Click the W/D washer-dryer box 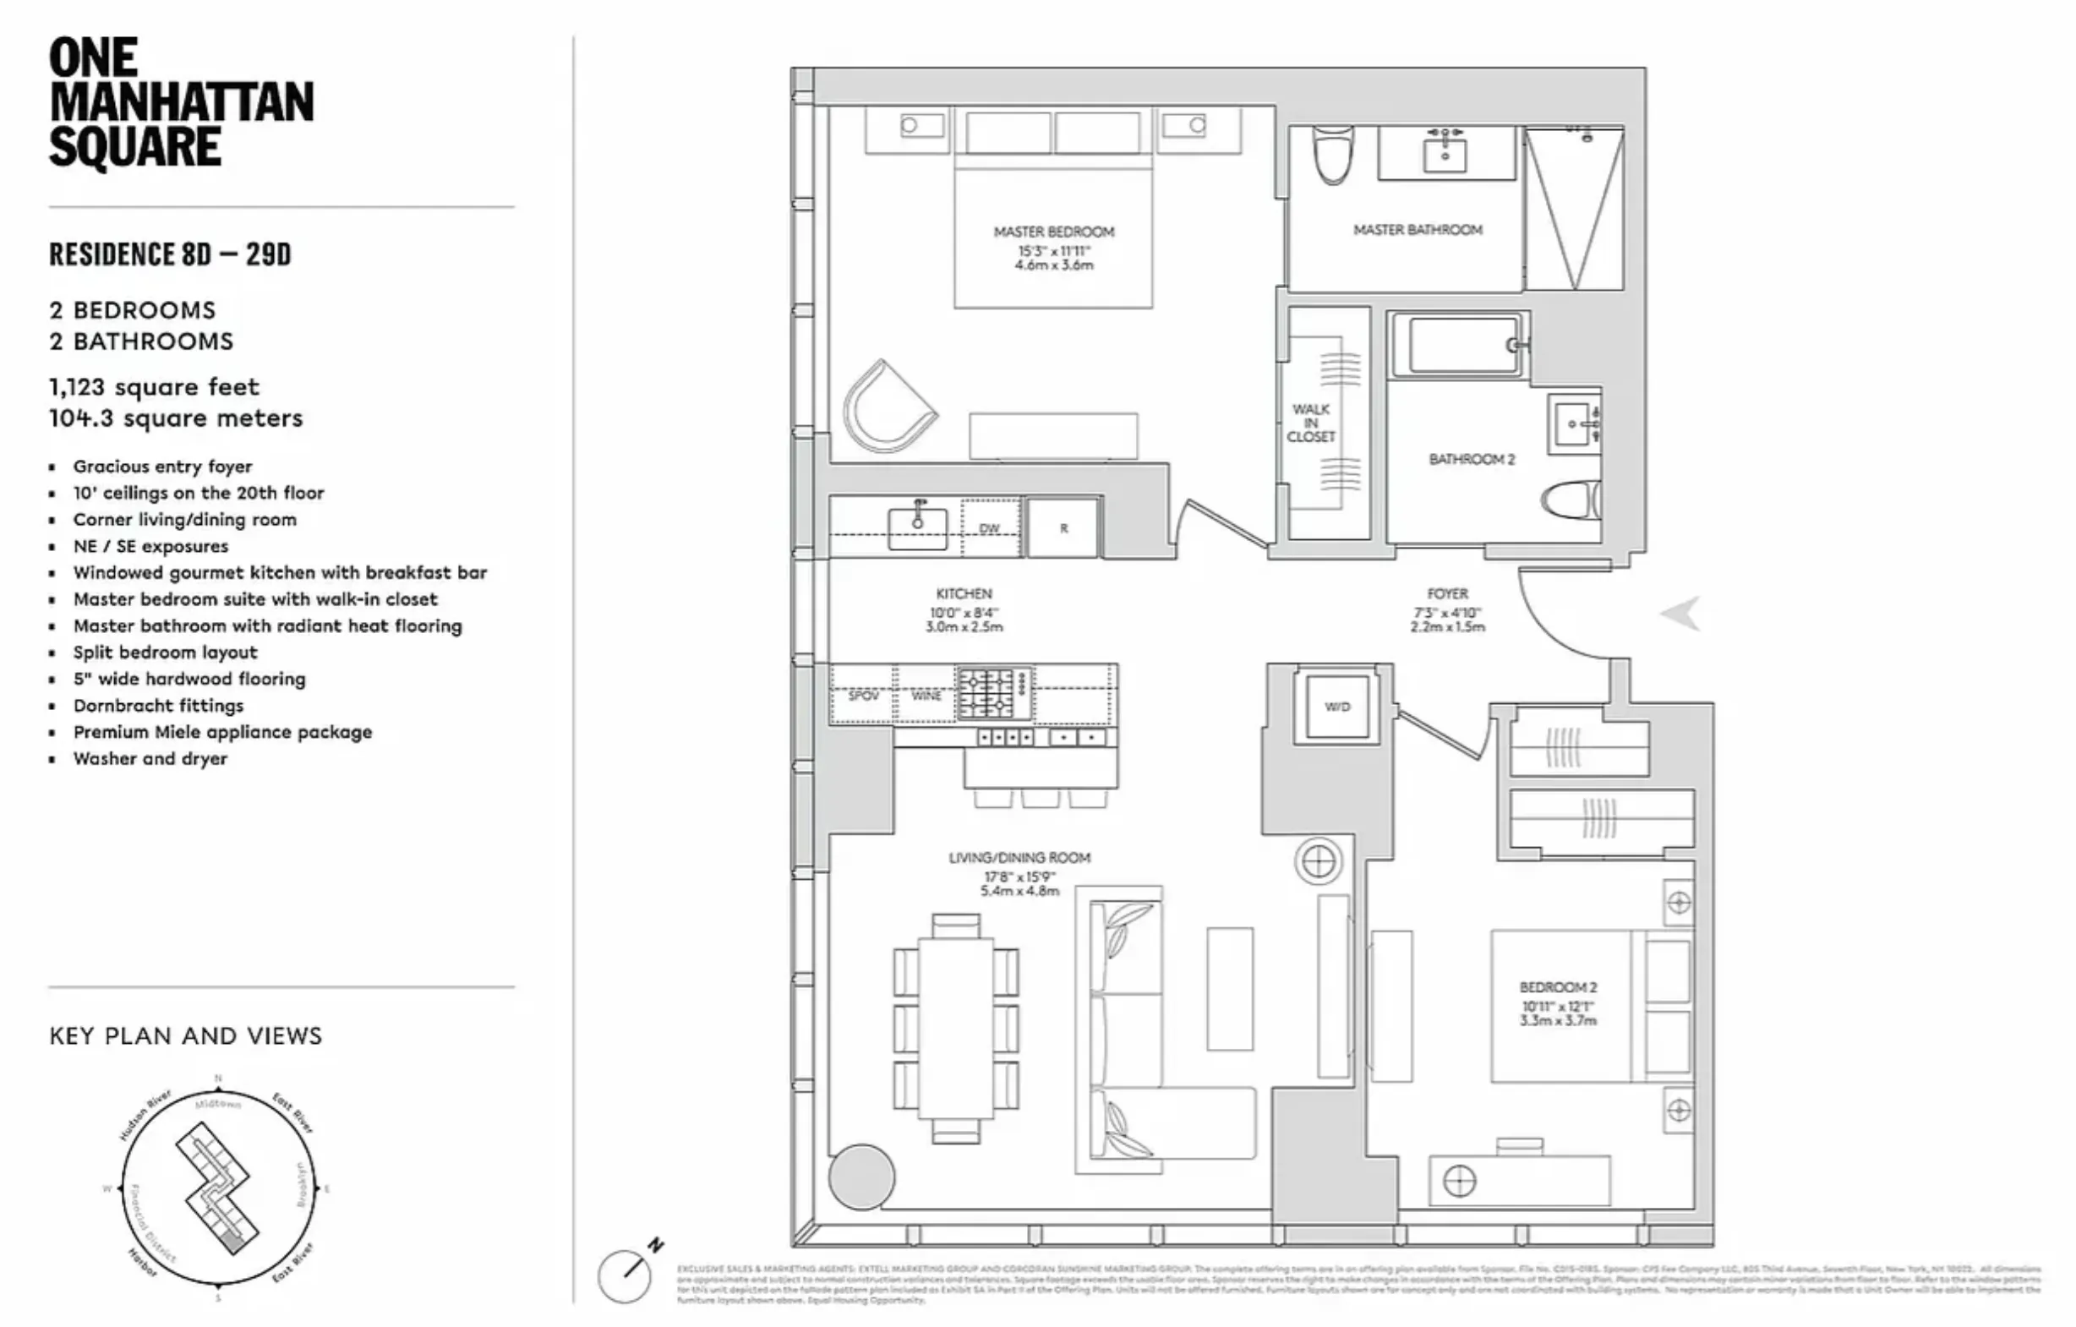tap(1337, 707)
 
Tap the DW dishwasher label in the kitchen tap(990, 528)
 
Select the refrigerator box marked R tap(1064, 527)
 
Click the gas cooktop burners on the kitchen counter tap(994, 693)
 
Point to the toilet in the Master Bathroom tap(1333, 155)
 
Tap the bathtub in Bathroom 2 tap(1464, 345)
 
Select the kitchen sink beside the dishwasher tap(918, 527)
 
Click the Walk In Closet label tap(1310, 423)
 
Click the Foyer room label tap(1447, 594)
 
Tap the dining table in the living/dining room tap(955, 1029)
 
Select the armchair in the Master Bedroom tap(889, 406)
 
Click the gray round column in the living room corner tap(861, 1177)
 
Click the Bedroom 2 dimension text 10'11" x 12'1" tap(1557, 1007)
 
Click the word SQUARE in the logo tap(135, 147)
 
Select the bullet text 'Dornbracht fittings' tap(159, 705)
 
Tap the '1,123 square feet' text tap(155, 387)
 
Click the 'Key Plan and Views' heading tap(185, 1035)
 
